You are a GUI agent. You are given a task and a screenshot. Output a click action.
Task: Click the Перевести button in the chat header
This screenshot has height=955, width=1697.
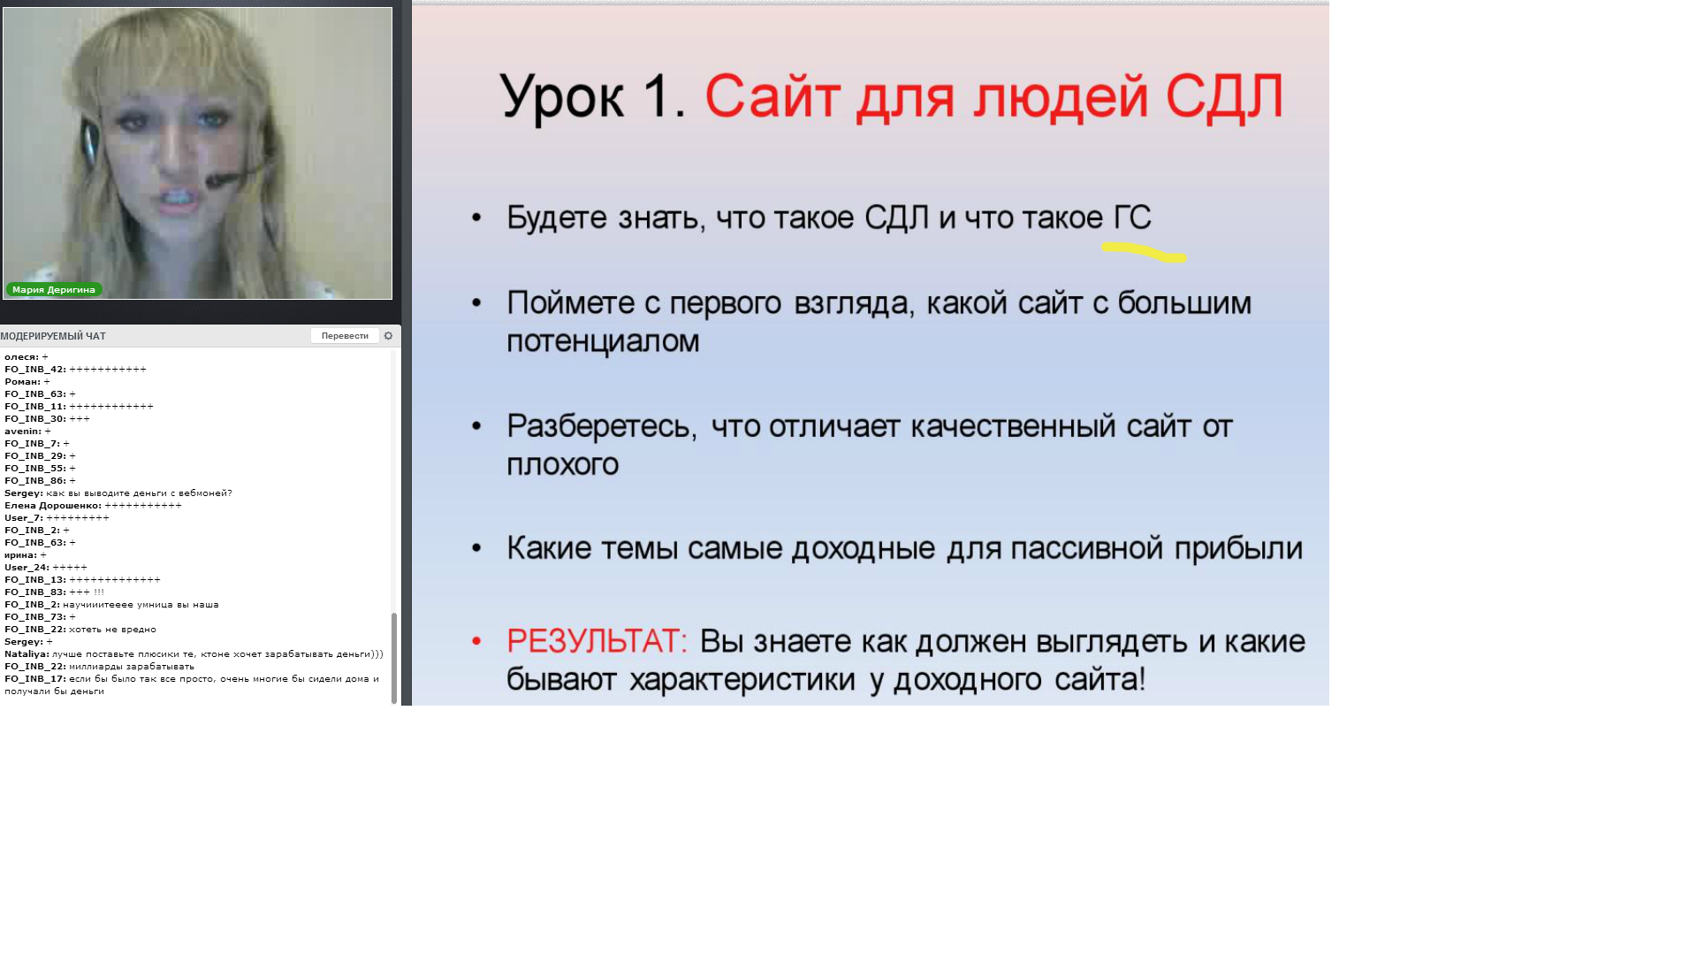(x=345, y=336)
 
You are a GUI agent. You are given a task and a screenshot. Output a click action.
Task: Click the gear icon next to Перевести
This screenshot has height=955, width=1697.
(x=388, y=336)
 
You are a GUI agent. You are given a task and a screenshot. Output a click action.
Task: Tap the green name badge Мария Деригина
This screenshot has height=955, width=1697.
(x=54, y=289)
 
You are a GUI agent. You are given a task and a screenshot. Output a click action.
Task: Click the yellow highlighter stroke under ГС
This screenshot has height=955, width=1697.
(x=1144, y=252)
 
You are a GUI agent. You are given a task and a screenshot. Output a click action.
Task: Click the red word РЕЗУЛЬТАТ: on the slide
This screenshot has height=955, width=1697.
(x=597, y=641)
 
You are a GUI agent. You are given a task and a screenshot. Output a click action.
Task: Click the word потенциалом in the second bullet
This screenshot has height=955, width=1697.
(x=603, y=341)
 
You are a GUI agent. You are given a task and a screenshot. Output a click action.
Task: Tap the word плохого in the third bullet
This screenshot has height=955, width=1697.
(x=562, y=464)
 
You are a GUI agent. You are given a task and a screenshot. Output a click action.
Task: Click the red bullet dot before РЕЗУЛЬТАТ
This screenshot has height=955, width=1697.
(x=476, y=641)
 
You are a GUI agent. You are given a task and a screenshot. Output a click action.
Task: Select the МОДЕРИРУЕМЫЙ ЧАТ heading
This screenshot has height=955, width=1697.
(x=53, y=336)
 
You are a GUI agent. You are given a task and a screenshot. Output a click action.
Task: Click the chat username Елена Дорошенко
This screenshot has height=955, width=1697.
(x=52, y=506)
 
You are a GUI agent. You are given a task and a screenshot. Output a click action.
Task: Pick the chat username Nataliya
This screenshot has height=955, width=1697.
(x=27, y=654)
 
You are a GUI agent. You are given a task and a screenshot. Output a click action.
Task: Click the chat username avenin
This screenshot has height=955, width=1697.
(x=22, y=432)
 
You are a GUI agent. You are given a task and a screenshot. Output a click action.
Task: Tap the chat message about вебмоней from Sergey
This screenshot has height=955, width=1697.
(x=139, y=493)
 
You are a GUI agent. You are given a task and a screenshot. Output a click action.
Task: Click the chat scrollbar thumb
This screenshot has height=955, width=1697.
(x=394, y=658)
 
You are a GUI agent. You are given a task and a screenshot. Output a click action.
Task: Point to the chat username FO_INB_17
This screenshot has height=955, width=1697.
(x=34, y=679)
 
